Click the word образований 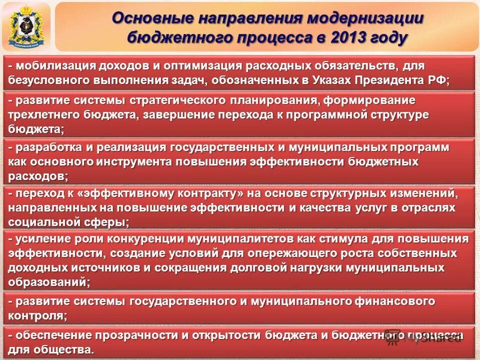[47, 282]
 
